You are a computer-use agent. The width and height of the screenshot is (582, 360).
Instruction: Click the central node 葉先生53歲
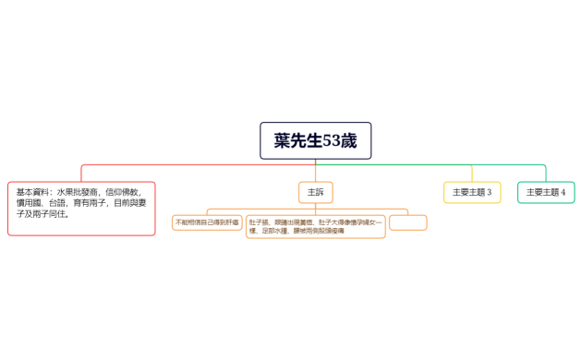pos(315,140)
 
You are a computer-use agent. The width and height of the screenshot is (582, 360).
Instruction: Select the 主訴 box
pos(315,192)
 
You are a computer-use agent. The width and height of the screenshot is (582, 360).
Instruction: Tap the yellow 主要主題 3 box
pos(472,192)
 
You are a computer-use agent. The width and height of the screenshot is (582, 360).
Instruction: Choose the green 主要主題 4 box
pos(546,192)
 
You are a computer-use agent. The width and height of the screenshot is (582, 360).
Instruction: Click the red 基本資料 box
pos(81,208)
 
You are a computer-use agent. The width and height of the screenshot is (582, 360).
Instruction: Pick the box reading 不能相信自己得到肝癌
pos(207,222)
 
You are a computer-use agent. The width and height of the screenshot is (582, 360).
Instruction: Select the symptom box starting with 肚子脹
pos(315,226)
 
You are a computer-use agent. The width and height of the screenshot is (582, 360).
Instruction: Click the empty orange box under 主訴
pos(407,222)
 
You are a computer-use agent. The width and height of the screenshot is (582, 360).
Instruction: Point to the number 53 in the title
pos(331,140)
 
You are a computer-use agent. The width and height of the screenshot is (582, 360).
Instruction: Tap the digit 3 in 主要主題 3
pos(489,192)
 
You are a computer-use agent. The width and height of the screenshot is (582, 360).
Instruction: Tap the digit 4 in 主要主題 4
pos(563,192)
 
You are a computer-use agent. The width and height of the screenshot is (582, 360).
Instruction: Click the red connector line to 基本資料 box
pos(81,172)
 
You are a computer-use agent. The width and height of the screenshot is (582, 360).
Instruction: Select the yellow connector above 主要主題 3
pos(472,173)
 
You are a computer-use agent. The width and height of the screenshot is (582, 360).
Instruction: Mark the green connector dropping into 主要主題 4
pos(546,173)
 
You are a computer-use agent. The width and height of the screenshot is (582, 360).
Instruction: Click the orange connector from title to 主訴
pos(315,170)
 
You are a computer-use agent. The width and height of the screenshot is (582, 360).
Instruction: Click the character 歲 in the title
pos(348,140)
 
